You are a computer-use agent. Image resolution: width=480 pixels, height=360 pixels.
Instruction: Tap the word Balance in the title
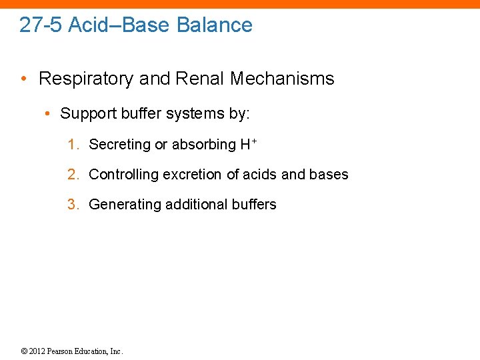pyautogui.click(x=215, y=25)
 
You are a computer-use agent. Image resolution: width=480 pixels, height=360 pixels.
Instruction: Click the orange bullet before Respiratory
pyautogui.click(x=25, y=79)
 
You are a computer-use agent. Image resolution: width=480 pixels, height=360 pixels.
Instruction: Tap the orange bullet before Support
pyautogui.click(x=49, y=114)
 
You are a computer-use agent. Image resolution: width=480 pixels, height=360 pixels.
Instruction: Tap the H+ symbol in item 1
pyautogui.click(x=249, y=144)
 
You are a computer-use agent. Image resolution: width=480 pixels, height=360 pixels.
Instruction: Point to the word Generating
pyautogui.click(x=123, y=205)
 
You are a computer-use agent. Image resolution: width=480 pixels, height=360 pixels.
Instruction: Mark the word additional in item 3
pyautogui.click(x=193, y=205)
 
